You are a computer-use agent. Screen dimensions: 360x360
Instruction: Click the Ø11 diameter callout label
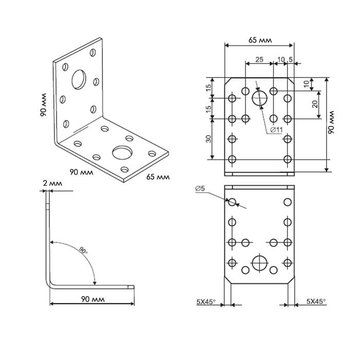coord(276,130)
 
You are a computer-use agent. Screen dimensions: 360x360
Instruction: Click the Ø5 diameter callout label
coord(200,189)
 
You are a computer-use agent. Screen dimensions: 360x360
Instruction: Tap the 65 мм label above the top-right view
coord(260,40)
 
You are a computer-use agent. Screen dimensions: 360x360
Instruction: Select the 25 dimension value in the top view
coord(259,60)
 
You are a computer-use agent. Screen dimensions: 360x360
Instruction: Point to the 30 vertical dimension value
coord(208,139)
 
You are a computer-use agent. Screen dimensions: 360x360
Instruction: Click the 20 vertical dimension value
coord(315,104)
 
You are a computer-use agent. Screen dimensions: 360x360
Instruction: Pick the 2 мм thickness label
coord(52,183)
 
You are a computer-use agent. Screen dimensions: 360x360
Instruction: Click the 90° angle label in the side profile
coord(83,250)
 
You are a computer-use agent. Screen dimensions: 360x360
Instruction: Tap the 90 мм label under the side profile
coord(93,299)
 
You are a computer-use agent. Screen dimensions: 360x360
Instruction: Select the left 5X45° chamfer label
coord(206,301)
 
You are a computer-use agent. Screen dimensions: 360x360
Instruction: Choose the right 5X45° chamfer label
coord(316,301)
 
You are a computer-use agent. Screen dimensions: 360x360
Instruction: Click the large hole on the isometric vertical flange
coord(79,79)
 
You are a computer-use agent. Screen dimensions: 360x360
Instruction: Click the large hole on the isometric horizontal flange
coord(122,152)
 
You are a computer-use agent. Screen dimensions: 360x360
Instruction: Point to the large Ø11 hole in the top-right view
coord(260,98)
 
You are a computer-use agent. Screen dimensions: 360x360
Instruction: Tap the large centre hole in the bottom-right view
coord(260,263)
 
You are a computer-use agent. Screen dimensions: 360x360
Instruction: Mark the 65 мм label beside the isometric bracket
coord(158,177)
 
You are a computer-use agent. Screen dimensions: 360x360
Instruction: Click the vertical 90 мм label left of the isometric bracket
coord(44,105)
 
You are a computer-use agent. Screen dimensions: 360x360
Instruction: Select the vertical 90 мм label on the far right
coord(331,122)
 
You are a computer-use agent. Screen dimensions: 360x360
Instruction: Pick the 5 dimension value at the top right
coord(291,60)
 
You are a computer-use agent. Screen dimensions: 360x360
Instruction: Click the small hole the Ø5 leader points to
coord(232,202)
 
